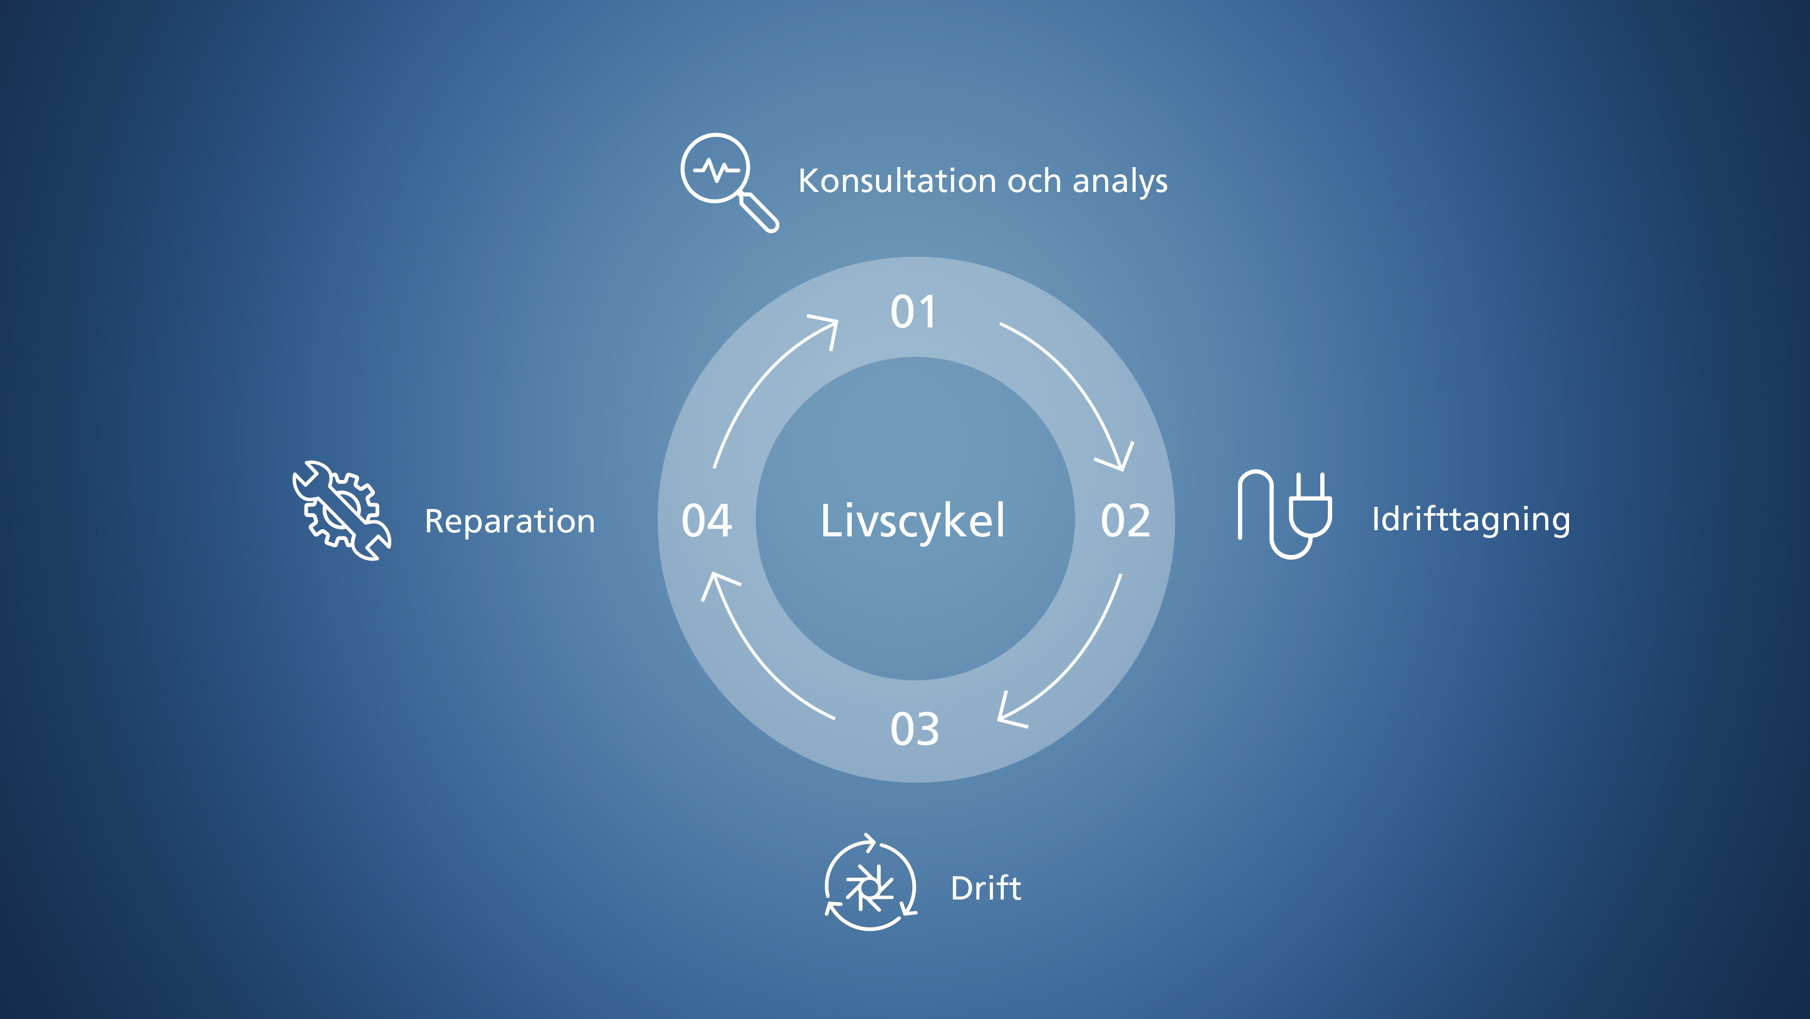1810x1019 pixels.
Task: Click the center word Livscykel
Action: (913, 521)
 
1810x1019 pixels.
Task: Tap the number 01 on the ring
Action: (913, 312)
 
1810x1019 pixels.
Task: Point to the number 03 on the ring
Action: (915, 729)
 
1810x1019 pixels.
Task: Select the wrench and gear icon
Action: (341, 511)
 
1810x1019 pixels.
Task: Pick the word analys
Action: (1120, 182)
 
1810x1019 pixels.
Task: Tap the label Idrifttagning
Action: (1471, 520)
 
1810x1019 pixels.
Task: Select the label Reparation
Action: (509, 521)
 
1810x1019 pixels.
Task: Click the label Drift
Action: (985, 888)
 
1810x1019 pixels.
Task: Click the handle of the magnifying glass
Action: (760, 212)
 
